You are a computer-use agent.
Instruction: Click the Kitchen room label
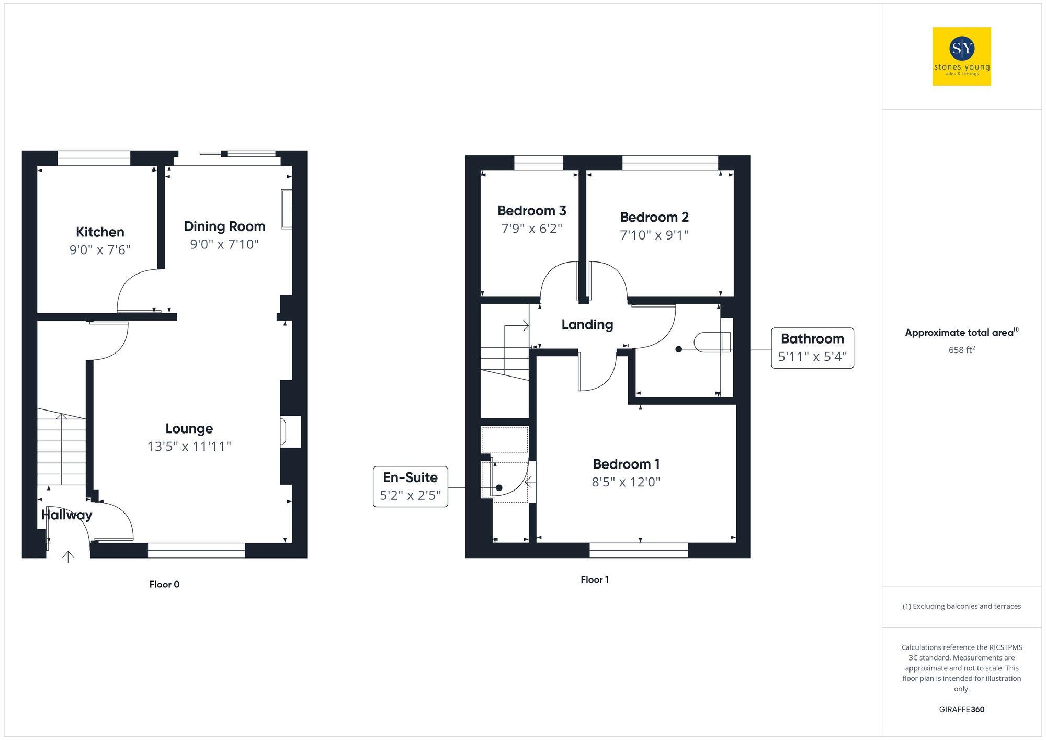coord(100,232)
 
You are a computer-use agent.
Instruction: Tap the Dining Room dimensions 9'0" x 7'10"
coord(224,244)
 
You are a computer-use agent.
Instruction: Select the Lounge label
coord(189,429)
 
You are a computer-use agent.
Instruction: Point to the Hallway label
coord(67,515)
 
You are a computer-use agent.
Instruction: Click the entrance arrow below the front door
coord(68,556)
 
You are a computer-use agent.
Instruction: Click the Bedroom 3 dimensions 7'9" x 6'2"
coord(531,229)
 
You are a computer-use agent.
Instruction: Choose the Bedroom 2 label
coord(654,217)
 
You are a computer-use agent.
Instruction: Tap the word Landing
coord(587,325)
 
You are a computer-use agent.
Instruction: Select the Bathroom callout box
coord(812,348)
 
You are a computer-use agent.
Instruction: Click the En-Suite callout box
coord(410,486)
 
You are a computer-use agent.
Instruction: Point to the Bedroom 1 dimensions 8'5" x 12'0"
coord(626,482)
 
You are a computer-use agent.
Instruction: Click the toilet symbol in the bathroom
coord(712,342)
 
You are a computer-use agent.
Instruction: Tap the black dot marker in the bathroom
coord(678,349)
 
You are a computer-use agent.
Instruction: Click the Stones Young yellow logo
coord(961,56)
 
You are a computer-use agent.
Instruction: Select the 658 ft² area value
coord(961,350)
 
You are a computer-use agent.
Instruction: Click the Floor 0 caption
coord(164,584)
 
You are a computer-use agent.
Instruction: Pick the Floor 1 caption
coord(595,579)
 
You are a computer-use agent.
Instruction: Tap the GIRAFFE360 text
coord(961,709)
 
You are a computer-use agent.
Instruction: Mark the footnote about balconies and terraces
coord(961,606)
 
